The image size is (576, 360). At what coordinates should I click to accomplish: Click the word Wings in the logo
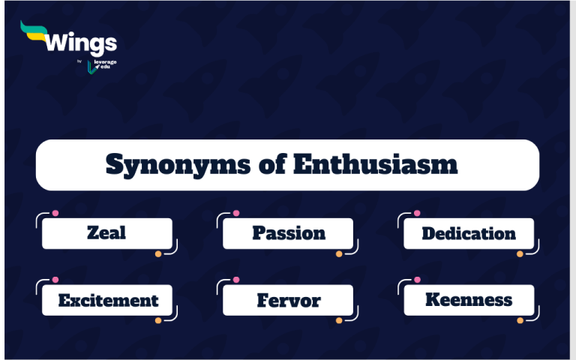(81, 42)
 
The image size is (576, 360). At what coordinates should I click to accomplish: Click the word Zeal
(107, 233)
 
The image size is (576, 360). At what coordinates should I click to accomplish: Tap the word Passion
(289, 233)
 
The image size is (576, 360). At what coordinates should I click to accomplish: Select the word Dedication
(469, 233)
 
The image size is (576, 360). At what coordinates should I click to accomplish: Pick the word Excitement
(109, 301)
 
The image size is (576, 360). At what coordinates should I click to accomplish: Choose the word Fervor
(289, 301)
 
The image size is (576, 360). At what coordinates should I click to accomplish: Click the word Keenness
(469, 300)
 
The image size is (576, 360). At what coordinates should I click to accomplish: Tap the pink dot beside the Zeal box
(55, 213)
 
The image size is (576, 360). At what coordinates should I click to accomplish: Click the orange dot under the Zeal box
(158, 254)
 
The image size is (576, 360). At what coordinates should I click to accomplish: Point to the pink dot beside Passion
(236, 213)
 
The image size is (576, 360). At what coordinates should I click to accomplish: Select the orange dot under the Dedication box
(520, 254)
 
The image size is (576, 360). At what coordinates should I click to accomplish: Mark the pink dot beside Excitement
(55, 280)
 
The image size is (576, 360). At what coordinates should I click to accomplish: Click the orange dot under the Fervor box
(339, 321)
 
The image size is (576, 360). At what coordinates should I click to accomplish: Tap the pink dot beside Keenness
(417, 280)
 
